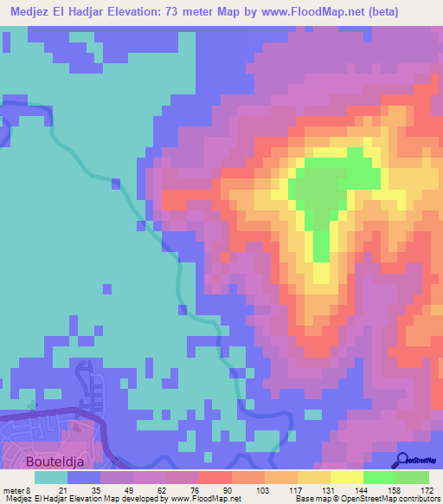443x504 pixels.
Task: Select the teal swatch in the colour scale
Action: pos(51,477)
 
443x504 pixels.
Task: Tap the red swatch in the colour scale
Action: pos(215,477)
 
